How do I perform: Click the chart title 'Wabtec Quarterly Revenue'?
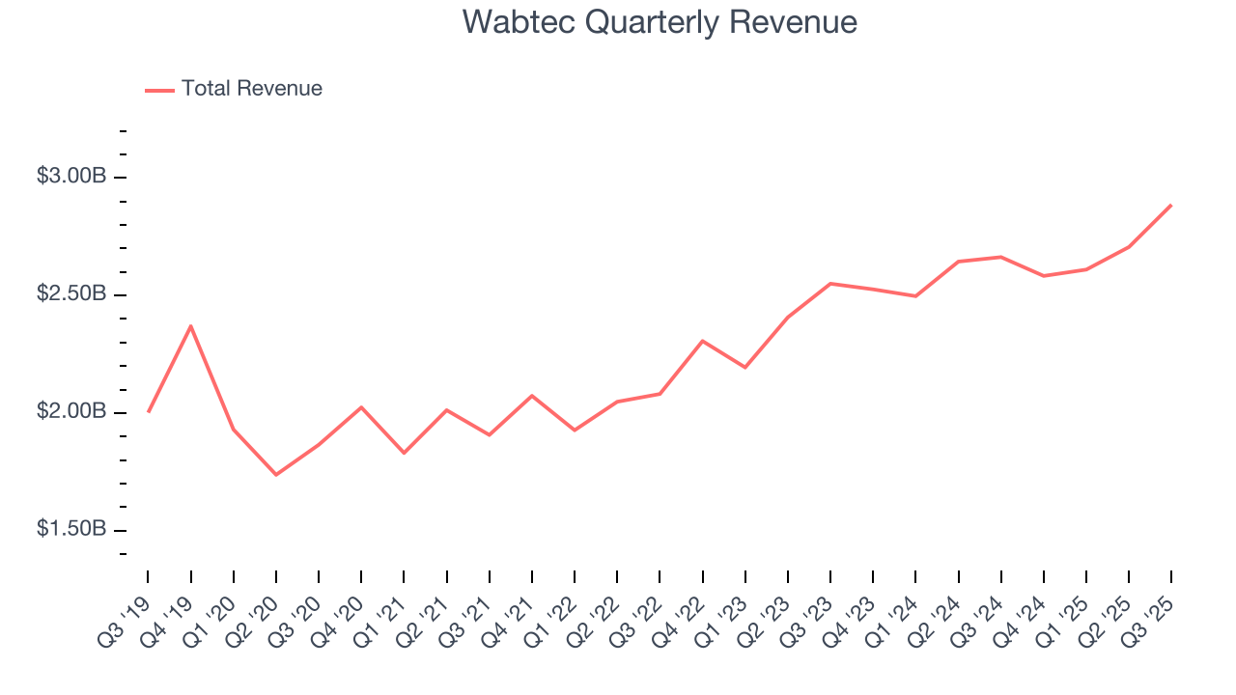pos(660,22)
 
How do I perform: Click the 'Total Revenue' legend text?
pos(251,89)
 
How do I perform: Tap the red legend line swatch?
pos(159,90)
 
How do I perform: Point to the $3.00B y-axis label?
pos(71,177)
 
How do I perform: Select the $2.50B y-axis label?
pos(71,294)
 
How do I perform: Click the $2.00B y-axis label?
pos(71,412)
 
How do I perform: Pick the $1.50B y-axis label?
pos(71,530)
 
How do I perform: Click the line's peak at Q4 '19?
pos(191,326)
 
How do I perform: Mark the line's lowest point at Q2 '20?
pos(276,474)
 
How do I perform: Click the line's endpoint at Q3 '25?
pos(1171,205)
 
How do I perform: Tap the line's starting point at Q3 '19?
pos(149,411)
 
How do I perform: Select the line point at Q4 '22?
pos(702,341)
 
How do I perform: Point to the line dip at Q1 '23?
pos(744,367)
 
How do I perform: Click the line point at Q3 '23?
pos(830,284)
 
